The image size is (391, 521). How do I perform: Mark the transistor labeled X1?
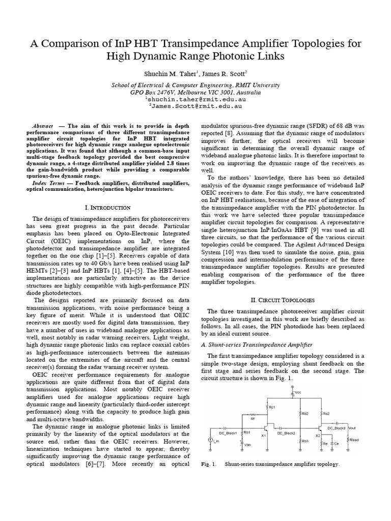264,436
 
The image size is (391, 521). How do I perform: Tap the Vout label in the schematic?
353,427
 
